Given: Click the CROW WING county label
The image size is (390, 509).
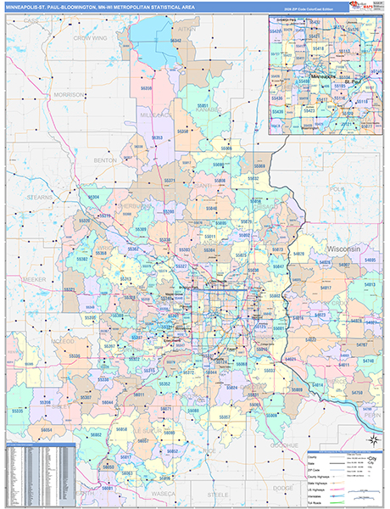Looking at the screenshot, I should click(x=88, y=38).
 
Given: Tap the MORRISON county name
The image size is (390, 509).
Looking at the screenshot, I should click(x=68, y=94).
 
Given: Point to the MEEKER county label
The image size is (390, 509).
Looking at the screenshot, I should click(x=35, y=278).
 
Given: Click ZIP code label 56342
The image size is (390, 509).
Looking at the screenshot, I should click(x=175, y=41).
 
